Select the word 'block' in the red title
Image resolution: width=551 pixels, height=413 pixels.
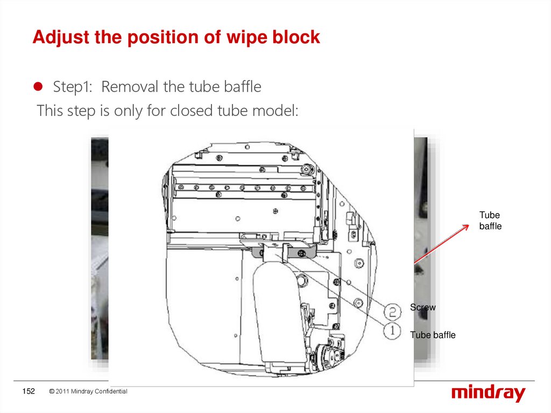pyautogui.click(x=296, y=37)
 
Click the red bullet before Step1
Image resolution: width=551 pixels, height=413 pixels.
pyautogui.click(x=38, y=87)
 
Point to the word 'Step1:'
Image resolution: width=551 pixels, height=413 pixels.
pyautogui.click(x=73, y=87)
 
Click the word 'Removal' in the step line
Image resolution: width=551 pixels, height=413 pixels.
pyautogui.click(x=130, y=87)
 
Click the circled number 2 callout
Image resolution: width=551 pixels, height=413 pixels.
pyautogui.click(x=392, y=312)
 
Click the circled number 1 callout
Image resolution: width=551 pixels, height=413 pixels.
pyautogui.click(x=392, y=331)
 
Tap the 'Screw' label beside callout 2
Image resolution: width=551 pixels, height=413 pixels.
pyautogui.click(x=423, y=307)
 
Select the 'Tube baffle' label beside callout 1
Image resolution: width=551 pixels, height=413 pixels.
pyautogui.click(x=433, y=335)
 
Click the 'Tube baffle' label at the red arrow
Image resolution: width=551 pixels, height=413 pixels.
pyautogui.click(x=490, y=221)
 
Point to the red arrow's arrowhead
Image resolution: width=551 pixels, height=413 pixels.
pyautogui.click(x=469, y=225)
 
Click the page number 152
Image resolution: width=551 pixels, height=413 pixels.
pyautogui.click(x=29, y=391)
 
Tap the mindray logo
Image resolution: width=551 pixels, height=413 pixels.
pyautogui.click(x=489, y=393)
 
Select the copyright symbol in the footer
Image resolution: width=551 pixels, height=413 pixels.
pyautogui.click(x=52, y=391)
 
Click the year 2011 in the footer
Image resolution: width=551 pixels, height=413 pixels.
pyautogui.click(x=62, y=391)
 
